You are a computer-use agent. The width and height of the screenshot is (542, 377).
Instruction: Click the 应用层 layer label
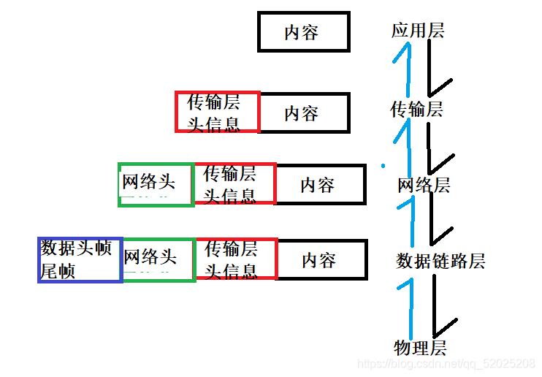(x=418, y=31)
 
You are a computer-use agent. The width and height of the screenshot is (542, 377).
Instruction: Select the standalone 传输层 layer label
(x=416, y=110)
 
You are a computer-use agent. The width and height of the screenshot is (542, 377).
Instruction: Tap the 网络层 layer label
(x=424, y=185)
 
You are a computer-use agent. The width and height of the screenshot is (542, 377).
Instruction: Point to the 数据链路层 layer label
(x=440, y=261)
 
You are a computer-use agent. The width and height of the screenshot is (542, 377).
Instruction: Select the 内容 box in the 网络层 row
(x=320, y=185)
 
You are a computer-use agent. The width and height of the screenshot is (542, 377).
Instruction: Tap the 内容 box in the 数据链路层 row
(x=321, y=259)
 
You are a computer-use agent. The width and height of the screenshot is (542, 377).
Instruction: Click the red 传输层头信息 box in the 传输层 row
(x=217, y=112)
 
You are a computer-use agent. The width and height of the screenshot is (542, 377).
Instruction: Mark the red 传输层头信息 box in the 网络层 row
(x=234, y=184)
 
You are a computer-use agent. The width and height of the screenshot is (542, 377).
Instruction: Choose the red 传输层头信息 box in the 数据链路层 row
(x=236, y=259)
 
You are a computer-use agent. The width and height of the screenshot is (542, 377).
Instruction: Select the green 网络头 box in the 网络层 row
(x=156, y=185)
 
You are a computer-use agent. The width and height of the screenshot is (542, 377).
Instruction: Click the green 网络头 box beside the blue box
(x=159, y=259)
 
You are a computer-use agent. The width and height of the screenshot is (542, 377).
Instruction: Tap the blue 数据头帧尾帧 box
(x=79, y=259)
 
